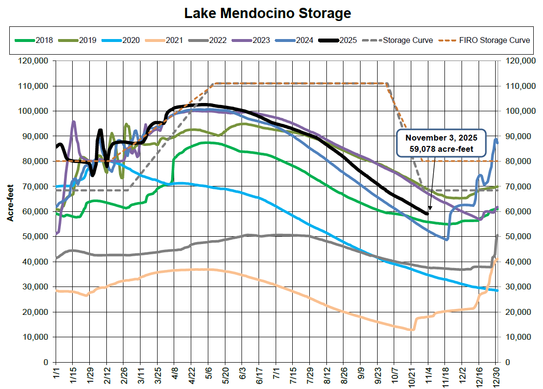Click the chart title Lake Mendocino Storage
pyautogui.click(x=267, y=13)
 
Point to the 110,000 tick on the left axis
pyautogui.click(x=35, y=86)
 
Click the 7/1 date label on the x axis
pyautogui.click(x=276, y=376)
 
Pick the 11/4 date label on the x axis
pyautogui.click(x=428, y=377)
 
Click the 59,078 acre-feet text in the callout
pyautogui.click(x=441, y=148)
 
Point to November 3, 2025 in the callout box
pyautogui.click(x=441, y=138)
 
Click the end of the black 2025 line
pyautogui.click(x=428, y=213)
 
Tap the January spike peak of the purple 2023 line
pyautogui.click(x=74, y=122)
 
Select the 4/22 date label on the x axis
pyautogui.click(x=191, y=377)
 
